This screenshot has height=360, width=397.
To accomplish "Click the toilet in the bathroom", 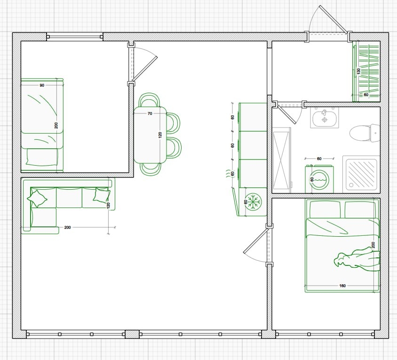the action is [x=365, y=133].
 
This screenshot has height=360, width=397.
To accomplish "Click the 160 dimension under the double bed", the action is [x=342, y=286].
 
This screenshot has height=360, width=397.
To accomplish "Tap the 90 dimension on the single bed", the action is [x=42, y=85].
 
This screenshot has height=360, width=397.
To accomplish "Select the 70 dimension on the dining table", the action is [x=150, y=113].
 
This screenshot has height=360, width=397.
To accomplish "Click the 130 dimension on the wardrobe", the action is [x=358, y=71].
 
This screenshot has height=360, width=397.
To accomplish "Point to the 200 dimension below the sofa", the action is [x=67, y=227].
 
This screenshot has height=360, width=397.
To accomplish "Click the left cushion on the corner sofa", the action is [x=37, y=198].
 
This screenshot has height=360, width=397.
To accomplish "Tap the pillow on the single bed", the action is [x=42, y=157].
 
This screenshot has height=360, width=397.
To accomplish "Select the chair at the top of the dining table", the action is [x=150, y=100].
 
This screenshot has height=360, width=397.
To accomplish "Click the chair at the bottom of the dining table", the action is [x=151, y=169].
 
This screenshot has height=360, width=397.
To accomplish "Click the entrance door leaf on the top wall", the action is [x=333, y=19].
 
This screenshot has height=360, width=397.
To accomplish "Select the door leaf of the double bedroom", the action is [x=255, y=240].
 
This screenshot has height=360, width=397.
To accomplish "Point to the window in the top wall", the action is [x=75, y=37].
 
